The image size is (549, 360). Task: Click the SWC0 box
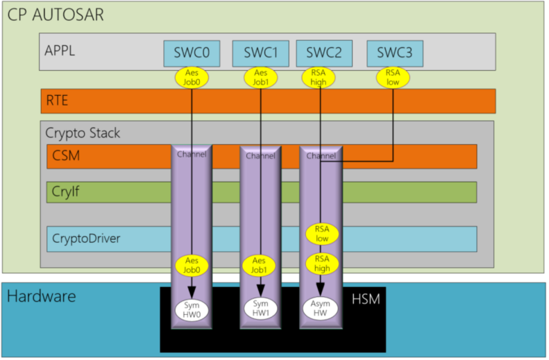pyautogui.click(x=192, y=53)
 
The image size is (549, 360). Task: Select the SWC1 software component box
pyautogui.click(x=260, y=53)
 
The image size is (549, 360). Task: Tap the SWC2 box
pyautogui.click(x=324, y=53)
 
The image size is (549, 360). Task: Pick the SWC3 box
pyautogui.click(x=395, y=53)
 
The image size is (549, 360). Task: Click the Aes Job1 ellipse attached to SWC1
pyautogui.click(x=260, y=77)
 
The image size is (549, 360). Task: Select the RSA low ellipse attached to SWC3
pyautogui.click(x=393, y=77)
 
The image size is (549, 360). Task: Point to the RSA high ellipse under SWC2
pyautogui.click(x=319, y=77)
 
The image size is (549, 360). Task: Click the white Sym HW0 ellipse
pyautogui.click(x=192, y=310)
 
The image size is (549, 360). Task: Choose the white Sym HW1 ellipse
pyautogui.click(x=260, y=308)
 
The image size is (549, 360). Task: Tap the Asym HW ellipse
pyautogui.click(x=320, y=308)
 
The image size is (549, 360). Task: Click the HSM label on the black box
pyautogui.click(x=366, y=300)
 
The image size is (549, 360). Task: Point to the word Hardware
pyautogui.click(x=42, y=296)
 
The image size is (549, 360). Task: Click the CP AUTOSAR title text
pyautogui.click(x=56, y=15)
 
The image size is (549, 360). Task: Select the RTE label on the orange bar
pyautogui.click(x=57, y=101)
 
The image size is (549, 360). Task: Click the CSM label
pyautogui.click(x=66, y=155)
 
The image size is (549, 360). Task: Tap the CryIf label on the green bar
pyautogui.click(x=65, y=191)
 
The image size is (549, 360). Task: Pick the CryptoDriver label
pyautogui.click(x=86, y=239)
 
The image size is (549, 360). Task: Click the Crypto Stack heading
pyautogui.click(x=83, y=133)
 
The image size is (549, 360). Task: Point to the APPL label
pyautogui.click(x=60, y=51)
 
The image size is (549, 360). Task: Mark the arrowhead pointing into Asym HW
pyautogui.click(x=320, y=290)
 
